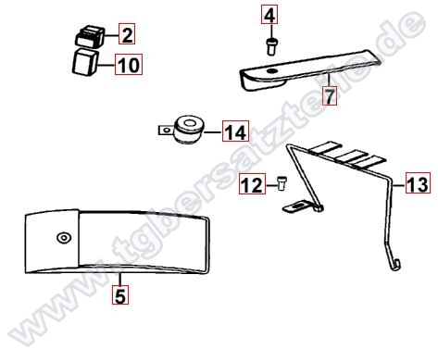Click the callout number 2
click(x=127, y=36)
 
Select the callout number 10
click(x=127, y=65)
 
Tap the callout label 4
click(x=269, y=16)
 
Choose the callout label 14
click(x=235, y=133)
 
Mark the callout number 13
click(x=417, y=185)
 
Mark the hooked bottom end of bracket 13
click(x=396, y=266)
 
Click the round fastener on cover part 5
click(x=63, y=237)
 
